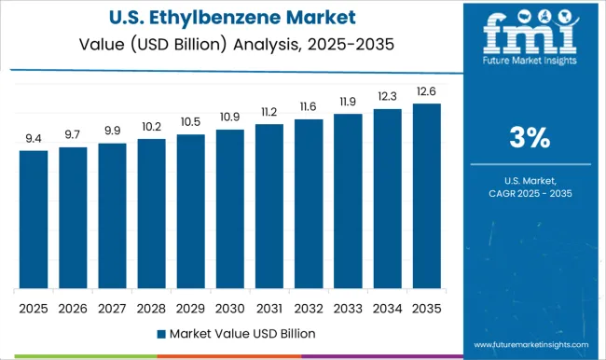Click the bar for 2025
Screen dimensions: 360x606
point(33,219)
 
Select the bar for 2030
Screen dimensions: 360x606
point(229,209)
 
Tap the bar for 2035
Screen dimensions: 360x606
point(426,196)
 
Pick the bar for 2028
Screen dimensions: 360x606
point(151,214)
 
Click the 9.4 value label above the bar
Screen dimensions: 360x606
point(33,139)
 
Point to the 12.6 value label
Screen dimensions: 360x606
point(426,91)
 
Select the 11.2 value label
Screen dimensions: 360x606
point(269,113)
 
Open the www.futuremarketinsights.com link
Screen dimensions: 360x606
point(530,344)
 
